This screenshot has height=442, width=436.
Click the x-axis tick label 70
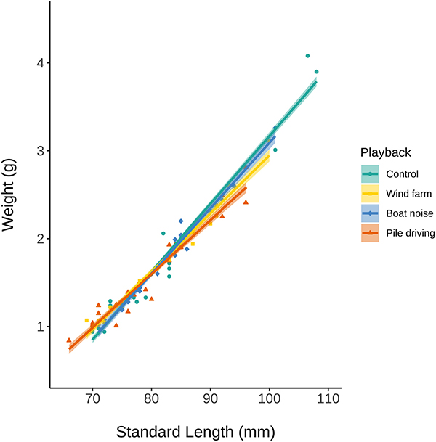point(92,399)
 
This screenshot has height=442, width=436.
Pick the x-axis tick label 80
point(151,399)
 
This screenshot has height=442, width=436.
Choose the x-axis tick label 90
point(211,399)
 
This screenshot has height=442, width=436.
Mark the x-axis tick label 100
point(270,399)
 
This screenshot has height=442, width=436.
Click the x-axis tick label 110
point(328,399)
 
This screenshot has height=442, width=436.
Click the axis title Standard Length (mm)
point(195,431)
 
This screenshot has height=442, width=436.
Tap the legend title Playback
point(386,152)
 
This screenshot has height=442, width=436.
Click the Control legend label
point(403,174)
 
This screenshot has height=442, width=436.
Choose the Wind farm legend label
point(409,194)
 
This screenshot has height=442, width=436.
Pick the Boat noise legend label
point(410,213)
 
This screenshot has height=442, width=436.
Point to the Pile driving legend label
point(411,233)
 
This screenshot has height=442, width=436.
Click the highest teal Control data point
point(307,56)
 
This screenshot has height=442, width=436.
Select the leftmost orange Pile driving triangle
point(68,340)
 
